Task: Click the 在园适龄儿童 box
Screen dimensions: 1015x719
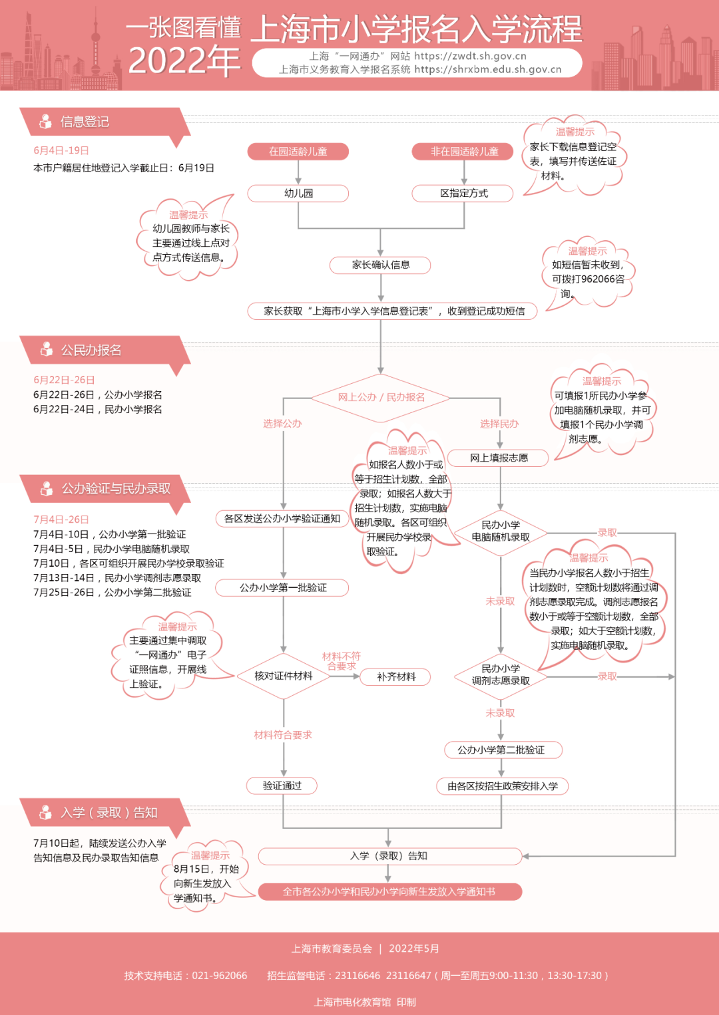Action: (x=298, y=152)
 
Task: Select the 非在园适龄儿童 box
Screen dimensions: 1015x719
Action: (x=464, y=152)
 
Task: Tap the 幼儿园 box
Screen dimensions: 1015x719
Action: (x=298, y=194)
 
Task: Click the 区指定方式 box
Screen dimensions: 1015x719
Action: (x=463, y=194)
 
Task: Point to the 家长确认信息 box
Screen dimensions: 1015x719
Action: (x=380, y=265)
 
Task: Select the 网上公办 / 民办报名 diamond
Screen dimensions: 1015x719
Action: (x=381, y=398)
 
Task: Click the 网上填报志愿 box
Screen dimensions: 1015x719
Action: (x=499, y=458)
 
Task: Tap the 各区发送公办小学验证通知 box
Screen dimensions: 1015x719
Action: (x=282, y=519)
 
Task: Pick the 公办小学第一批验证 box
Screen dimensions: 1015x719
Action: (x=283, y=588)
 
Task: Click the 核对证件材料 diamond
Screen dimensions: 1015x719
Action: (x=283, y=676)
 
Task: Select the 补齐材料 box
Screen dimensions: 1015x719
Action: (x=395, y=677)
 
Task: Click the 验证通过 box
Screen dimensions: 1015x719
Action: (x=282, y=786)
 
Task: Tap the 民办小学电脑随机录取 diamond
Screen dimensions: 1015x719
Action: (x=501, y=531)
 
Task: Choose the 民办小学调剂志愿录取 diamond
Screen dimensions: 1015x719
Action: (x=501, y=675)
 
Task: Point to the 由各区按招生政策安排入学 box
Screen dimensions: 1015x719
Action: (x=502, y=786)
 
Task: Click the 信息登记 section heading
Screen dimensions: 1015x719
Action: (x=85, y=122)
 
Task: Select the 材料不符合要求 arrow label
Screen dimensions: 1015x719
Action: (x=341, y=661)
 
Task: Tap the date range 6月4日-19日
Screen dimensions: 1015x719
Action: (x=61, y=151)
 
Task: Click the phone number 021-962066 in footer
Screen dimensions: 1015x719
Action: (x=219, y=976)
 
